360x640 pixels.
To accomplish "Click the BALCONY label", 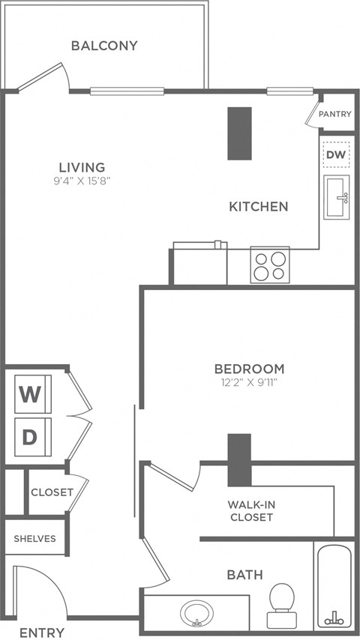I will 104,46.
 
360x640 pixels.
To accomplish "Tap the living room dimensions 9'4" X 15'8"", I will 82,181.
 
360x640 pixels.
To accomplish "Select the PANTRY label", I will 334,115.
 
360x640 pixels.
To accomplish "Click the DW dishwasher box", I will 336,154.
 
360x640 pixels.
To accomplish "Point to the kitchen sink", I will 337,197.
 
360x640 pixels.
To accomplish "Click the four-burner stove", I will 269,265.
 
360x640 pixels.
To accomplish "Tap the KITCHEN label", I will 258,206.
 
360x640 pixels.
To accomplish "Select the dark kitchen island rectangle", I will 239,133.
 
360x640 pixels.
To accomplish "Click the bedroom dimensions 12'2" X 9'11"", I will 249,382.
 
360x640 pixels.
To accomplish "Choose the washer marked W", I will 31,393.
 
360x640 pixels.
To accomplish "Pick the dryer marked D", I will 31,436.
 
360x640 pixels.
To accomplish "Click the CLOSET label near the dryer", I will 52,492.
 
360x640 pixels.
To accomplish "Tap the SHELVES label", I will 34,539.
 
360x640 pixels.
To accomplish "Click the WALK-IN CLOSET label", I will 251,510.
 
